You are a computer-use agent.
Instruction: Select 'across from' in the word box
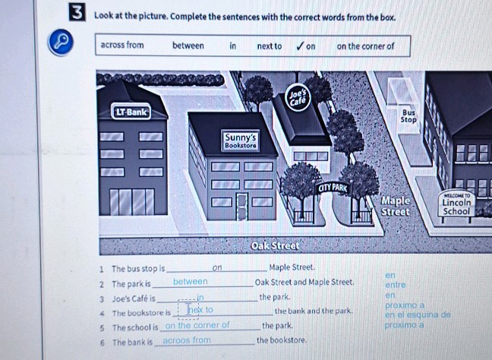pos(122,46)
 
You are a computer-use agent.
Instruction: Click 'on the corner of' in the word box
pos(365,46)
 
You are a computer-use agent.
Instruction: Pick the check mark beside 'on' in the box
pos(301,46)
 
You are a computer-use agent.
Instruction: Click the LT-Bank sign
pos(131,112)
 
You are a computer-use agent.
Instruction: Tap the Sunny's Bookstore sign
pos(240,139)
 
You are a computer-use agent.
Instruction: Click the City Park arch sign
pos(333,187)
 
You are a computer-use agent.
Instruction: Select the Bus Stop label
pos(408,115)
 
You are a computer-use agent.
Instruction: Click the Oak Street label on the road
pos(276,247)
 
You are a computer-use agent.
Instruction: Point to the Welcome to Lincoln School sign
pos(458,204)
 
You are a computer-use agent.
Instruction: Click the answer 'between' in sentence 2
pos(190,282)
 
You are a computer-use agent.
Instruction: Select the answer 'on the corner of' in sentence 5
pos(197,325)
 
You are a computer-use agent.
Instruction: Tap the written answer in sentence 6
pos(186,339)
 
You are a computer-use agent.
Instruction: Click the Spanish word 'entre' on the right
pos(395,284)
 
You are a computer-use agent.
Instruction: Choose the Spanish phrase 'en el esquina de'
pos(417,314)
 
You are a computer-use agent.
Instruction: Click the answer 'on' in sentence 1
pos(217,268)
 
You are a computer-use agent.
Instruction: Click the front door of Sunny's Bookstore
pos(242,205)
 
